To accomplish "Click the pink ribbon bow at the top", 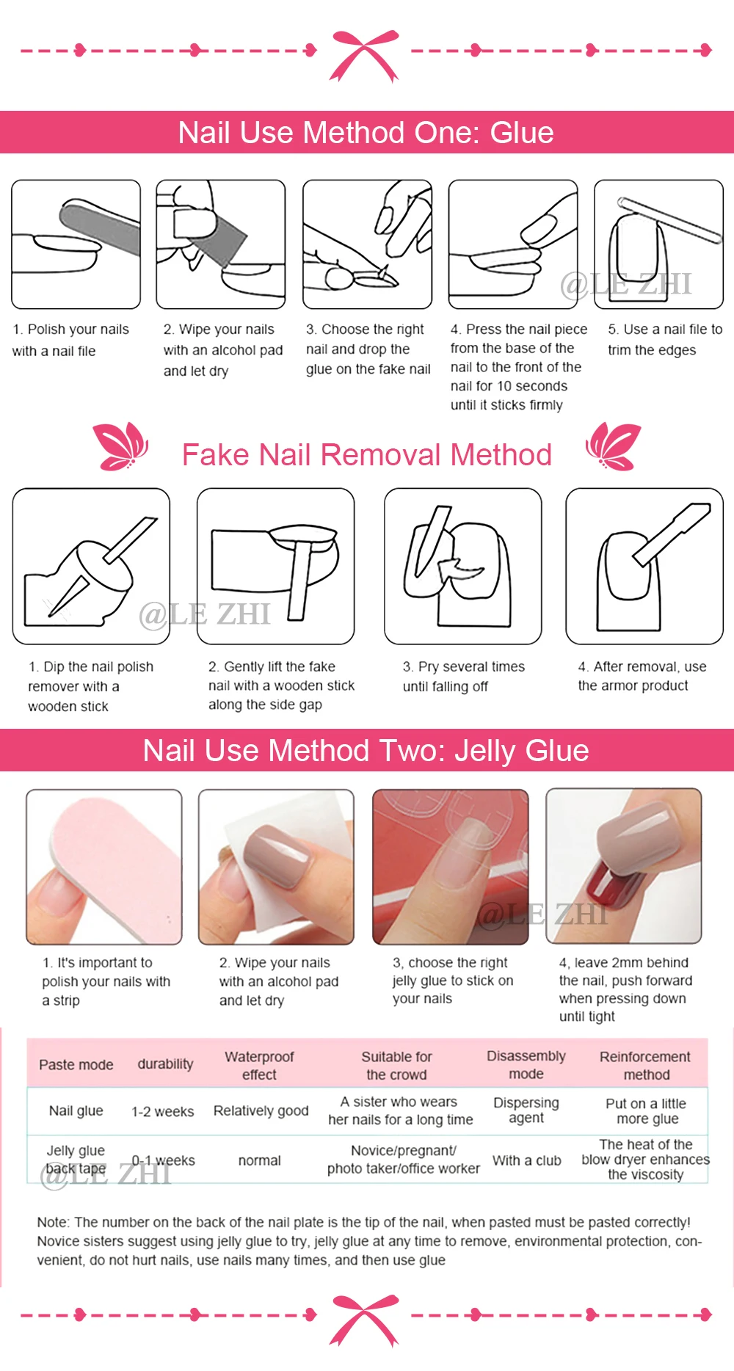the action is point(364,54).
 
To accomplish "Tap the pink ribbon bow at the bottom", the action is point(364,1320).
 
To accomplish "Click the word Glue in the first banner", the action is point(522,133).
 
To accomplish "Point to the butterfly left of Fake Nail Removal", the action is point(121,446).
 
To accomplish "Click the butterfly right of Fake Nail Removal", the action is point(614,446).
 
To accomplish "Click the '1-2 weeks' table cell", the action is point(163,1111).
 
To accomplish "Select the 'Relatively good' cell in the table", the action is point(261,1110).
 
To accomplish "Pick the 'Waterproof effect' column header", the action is point(259,1066).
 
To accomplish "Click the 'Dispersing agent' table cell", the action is point(526,1110).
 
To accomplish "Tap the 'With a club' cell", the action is point(527,1160).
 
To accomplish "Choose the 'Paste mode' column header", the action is point(76,1065).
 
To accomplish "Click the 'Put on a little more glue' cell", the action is point(647,1111).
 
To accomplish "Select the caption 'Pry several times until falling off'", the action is point(464,677).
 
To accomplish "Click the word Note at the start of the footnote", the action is point(52,1222).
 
